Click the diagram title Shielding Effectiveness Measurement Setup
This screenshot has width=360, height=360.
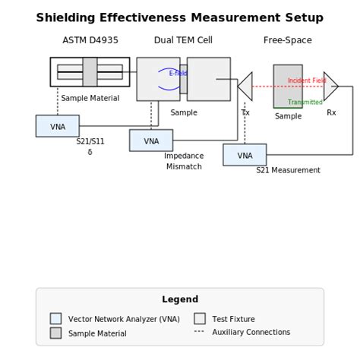click(179, 17)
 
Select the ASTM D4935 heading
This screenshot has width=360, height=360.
click(90, 40)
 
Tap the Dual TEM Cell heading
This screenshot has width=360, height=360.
click(183, 40)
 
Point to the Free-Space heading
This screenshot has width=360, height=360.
click(288, 40)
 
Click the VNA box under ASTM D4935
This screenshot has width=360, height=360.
click(58, 126)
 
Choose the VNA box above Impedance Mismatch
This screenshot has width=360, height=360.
click(151, 141)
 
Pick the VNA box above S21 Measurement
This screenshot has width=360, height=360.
click(245, 155)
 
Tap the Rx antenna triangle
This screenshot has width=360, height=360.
click(330, 87)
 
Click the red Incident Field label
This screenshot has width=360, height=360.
click(307, 81)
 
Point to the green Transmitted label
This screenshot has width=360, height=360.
click(305, 103)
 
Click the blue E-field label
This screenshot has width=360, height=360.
click(178, 74)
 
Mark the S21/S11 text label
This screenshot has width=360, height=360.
click(90, 141)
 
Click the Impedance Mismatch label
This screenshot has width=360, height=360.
click(184, 161)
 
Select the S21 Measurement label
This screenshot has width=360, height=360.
click(288, 170)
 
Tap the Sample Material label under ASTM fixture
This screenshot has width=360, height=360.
click(90, 98)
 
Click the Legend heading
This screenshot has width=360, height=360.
click(180, 299)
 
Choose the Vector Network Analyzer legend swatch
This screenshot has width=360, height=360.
click(55, 319)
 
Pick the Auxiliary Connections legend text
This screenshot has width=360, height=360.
click(251, 332)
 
